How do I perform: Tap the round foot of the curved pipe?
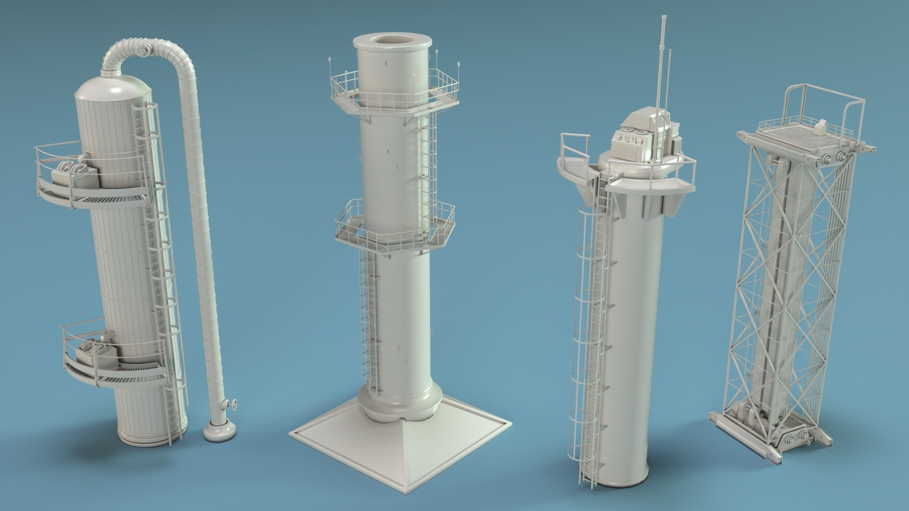217,432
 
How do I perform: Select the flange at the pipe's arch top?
143,50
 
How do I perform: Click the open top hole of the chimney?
392,41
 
